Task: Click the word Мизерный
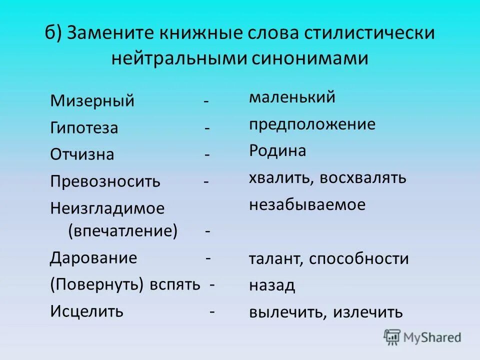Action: pyautogui.click(x=92, y=101)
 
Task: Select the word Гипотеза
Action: pyautogui.click(x=84, y=128)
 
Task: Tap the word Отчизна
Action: pyautogui.click(x=82, y=154)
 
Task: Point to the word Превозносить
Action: pyautogui.click(x=105, y=181)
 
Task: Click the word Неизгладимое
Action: pyautogui.click(x=107, y=208)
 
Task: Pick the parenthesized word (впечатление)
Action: pyautogui.click(x=122, y=231)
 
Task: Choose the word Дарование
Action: pyautogui.click(x=93, y=258)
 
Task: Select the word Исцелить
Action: pyautogui.click(x=86, y=311)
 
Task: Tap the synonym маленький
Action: pyautogui.click(x=292, y=97)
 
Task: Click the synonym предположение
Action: pyautogui.click(x=312, y=124)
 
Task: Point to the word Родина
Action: pyautogui.click(x=277, y=151)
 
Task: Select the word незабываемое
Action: pyautogui.click(x=307, y=204)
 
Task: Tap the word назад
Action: pyautogui.click(x=272, y=285)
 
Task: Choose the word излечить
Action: pyautogui.click(x=367, y=312)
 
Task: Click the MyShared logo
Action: pyautogui.click(x=422, y=337)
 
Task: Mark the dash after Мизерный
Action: pyautogui.click(x=206, y=101)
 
